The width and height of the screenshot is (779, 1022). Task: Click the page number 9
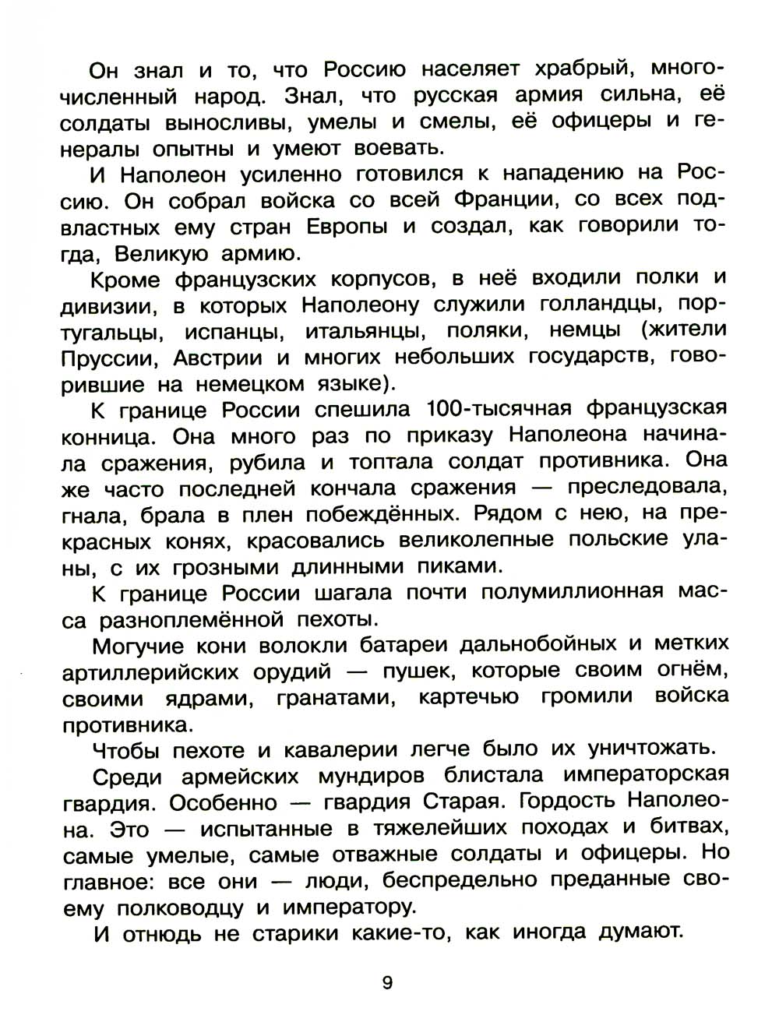coord(387,983)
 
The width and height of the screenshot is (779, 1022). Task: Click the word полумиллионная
coord(572,593)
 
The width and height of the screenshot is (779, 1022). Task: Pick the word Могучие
coord(137,646)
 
